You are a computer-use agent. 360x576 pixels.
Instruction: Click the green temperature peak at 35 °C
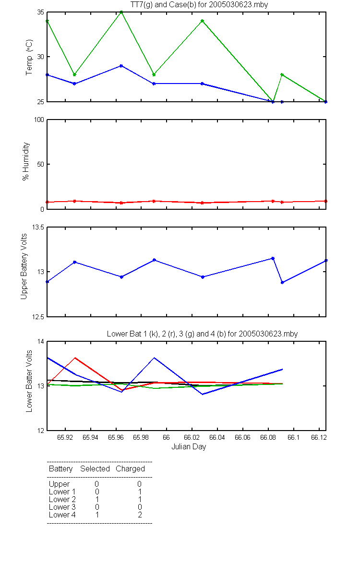point(121,12)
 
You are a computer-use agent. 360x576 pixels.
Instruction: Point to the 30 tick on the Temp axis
point(41,57)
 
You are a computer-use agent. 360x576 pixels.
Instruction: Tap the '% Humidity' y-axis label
point(26,161)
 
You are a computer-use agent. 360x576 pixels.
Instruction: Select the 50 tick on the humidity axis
point(41,164)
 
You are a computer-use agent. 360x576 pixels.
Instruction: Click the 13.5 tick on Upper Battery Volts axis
point(38,228)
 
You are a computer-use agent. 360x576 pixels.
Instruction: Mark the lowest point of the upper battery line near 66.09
point(282,282)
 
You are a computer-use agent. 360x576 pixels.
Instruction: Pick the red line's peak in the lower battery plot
point(75,358)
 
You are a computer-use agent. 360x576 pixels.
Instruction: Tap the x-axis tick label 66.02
point(192,437)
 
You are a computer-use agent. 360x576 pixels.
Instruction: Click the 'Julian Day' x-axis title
point(189,447)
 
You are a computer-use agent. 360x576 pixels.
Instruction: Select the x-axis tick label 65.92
point(65,437)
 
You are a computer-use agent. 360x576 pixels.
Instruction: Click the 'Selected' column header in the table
point(95,468)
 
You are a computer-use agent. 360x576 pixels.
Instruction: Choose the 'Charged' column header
point(130,469)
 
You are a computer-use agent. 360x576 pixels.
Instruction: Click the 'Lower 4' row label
point(62,515)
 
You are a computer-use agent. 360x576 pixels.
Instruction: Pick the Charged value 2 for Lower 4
point(140,515)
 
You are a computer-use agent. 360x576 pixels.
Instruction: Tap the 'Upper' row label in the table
point(59,484)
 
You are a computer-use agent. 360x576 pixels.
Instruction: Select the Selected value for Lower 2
point(97,499)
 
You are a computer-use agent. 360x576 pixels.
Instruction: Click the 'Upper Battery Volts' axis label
point(24,266)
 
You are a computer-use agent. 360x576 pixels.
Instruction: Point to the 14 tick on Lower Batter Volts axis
point(41,341)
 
